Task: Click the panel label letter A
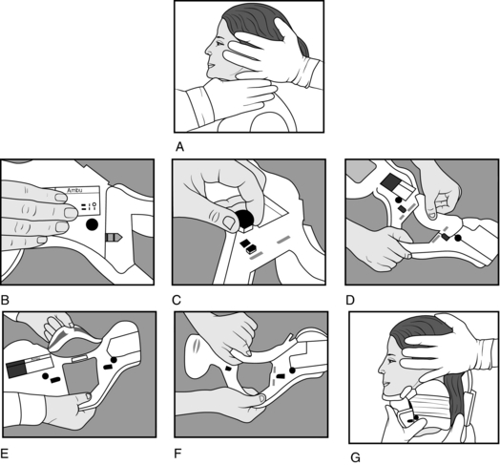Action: coord(179,147)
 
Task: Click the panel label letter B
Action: coord(5,301)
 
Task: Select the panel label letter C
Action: coord(176,301)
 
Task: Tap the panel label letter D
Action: coord(350,301)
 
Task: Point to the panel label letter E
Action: coord(5,454)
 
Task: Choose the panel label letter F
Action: coord(177,454)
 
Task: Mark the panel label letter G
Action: coord(355,458)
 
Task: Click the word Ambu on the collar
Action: coord(74,190)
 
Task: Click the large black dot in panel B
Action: coord(92,224)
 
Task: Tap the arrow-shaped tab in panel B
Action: coord(114,237)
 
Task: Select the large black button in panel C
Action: coord(244,220)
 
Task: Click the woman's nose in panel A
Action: coord(208,50)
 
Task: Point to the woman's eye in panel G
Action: coord(391,360)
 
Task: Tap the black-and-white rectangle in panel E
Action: coord(30,367)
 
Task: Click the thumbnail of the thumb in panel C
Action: coord(230,222)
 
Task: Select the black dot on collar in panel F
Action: coord(292,370)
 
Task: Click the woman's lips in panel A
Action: coord(211,65)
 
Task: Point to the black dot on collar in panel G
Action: coord(416,417)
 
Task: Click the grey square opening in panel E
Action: coord(80,376)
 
